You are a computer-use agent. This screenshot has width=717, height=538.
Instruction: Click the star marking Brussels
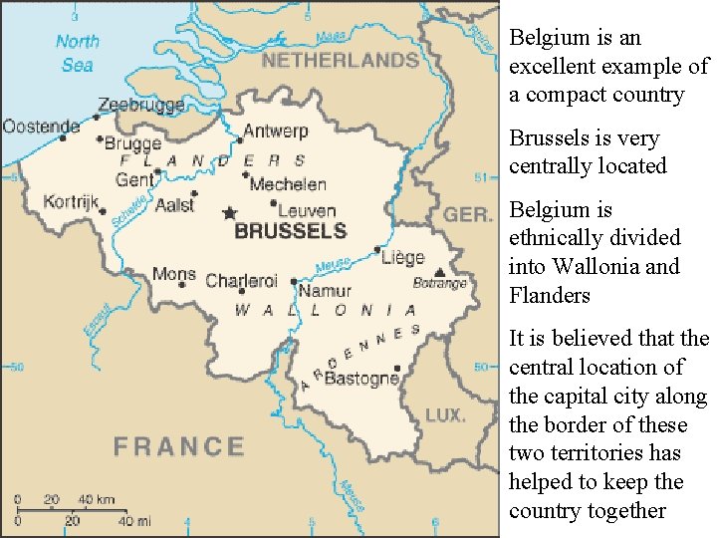pyautogui.click(x=230, y=212)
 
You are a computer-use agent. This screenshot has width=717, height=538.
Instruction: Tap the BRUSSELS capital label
pyautogui.click(x=290, y=231)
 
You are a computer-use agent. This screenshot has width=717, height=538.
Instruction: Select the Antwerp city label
pyautogui.click(x=276, y=132)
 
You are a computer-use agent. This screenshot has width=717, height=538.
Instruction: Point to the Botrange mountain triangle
pyautogui.click(x=439, y=270)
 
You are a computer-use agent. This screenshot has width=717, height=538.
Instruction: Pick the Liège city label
pyautogui.click(x=402, y=257)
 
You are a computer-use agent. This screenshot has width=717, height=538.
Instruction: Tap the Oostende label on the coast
pyautogui.click(x=41, y=127)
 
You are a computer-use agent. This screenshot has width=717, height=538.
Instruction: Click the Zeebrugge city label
pyautogui.click(x=138, y=105)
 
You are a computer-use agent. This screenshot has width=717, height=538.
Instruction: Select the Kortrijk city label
pyautogui.click(x=72, y=202)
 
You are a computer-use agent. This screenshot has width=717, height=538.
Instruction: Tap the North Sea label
pyautogui.click(x=78, y=53)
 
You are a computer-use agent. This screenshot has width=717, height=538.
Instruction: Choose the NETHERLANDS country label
pyautogui.click(x=340, y=61)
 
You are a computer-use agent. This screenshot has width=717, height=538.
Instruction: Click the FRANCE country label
pyautogui.click(x=178, y=446)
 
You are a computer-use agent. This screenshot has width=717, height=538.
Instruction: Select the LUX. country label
pyautogui.click(x=445, y=413)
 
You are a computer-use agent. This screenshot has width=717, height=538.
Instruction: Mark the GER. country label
pyautogui.click(x=467, y=215)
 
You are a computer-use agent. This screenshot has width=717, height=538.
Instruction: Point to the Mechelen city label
pyautogui.click(x=288, y=184)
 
